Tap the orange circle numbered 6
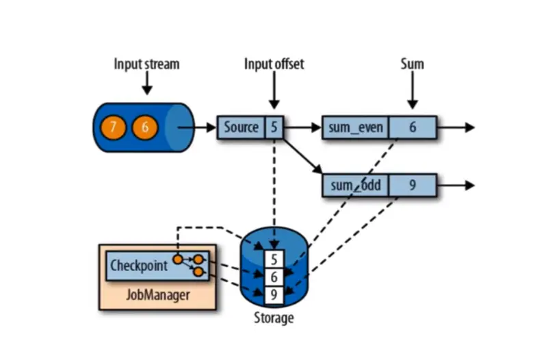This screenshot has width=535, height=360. [x=144, y=127]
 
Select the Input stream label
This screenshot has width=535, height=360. [x=146, y=64]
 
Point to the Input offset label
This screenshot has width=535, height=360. [x=274, y=64]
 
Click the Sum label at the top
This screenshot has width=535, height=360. [x=412, y=64]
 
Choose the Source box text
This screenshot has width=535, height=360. [x=241, y=127]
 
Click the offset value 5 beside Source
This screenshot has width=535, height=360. [x=274, y=127]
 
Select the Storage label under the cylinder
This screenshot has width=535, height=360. [x=274, y=318]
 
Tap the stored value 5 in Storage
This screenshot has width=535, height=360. [x=274, y=260]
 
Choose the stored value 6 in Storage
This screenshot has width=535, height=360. [x=274, y=277]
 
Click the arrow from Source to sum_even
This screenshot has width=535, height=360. [x=304, y=127]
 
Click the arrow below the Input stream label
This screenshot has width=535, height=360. [x=146, y=85]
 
